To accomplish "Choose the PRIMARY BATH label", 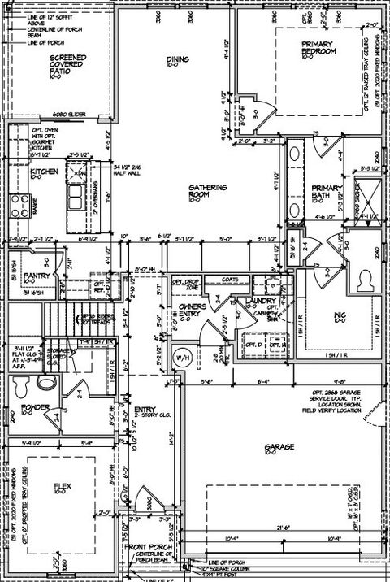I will tap(326, 196).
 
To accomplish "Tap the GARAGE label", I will tap(278, 448).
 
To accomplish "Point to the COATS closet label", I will tap(230, 280).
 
